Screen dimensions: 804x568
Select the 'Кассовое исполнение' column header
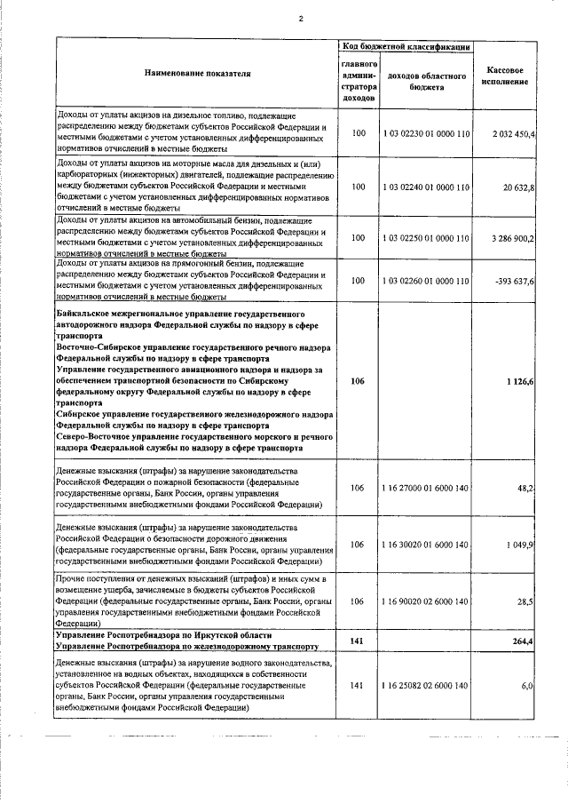click(505, 76)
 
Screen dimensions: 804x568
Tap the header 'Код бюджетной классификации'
click(406, 45)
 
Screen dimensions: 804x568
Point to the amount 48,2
click(525, 488)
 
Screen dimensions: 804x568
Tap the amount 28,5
click(525, 601)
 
